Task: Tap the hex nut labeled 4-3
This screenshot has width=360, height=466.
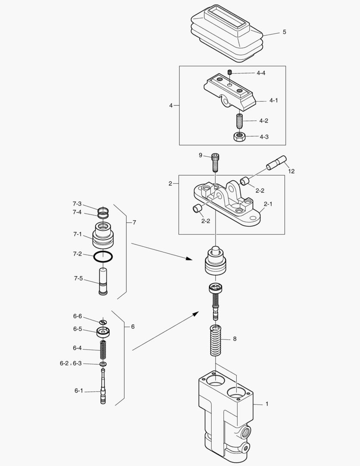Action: tap(239, 137)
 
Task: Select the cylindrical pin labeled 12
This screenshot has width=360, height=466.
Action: tap(276, 163)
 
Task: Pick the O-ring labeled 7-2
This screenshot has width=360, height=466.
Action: tap(103, 256)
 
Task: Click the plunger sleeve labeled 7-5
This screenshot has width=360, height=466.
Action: tap(103, 282)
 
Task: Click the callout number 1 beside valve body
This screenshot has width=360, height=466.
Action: tap(267, 404)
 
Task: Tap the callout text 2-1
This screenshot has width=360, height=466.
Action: tap(268, 204)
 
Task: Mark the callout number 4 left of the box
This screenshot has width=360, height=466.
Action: tap(171, 105)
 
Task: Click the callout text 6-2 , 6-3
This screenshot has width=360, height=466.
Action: tap(71, 363)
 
